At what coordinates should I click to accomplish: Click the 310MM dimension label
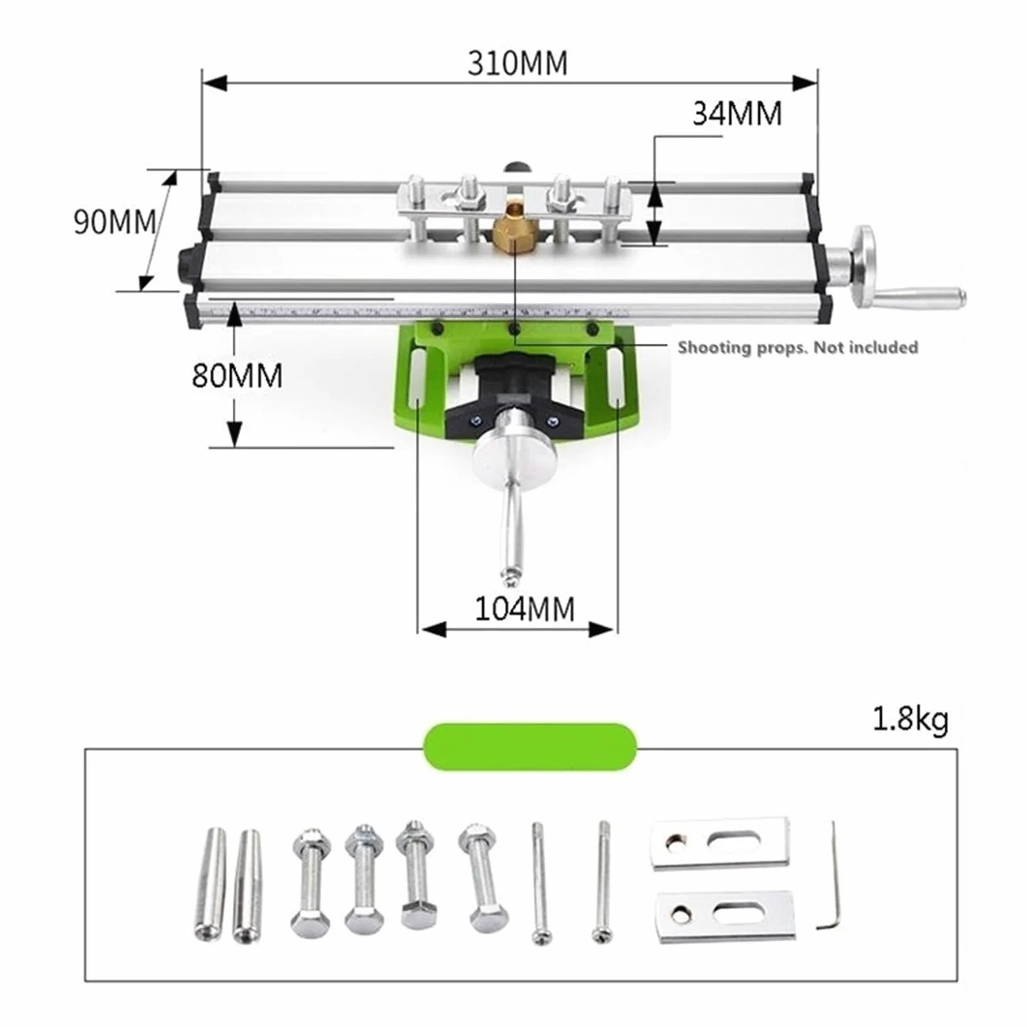pos(517,63)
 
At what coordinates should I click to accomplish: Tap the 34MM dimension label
pos(737,113)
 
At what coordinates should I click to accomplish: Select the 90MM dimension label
pos(115,222)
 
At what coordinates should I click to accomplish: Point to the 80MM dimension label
pos(237,375)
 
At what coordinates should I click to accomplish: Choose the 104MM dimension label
pos(525,609)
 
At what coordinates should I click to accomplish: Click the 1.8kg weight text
pos(910,720)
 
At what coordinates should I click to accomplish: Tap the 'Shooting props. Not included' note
pos(797,347)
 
